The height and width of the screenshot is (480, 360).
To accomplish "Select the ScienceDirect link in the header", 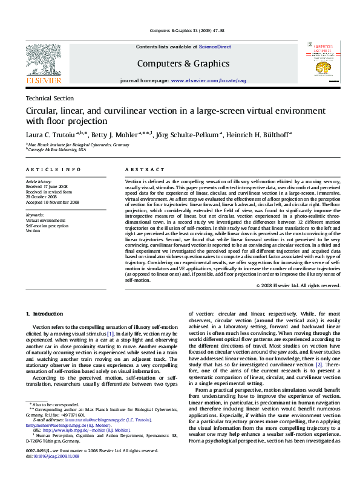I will pos(215,47).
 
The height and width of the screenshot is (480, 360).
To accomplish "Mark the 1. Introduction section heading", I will pos(46,314).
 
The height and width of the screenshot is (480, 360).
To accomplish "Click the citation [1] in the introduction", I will pos(110,334).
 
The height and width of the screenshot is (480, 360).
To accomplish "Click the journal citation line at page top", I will pos(179,31).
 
